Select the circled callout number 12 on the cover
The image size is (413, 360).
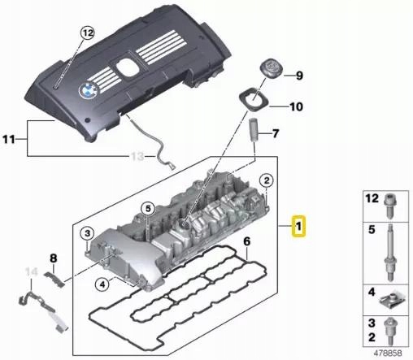tap(88, 33)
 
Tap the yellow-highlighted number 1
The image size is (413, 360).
tap(298, 226)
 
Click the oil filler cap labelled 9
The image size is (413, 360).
tap(272, 67)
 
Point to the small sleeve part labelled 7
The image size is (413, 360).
tap(254, 130)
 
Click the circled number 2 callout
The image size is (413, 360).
tap(267, 180)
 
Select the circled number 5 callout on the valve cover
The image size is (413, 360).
tap(148, 209)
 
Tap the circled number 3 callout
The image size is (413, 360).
tap(87, 233)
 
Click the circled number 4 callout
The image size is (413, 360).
tap(102, 284)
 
